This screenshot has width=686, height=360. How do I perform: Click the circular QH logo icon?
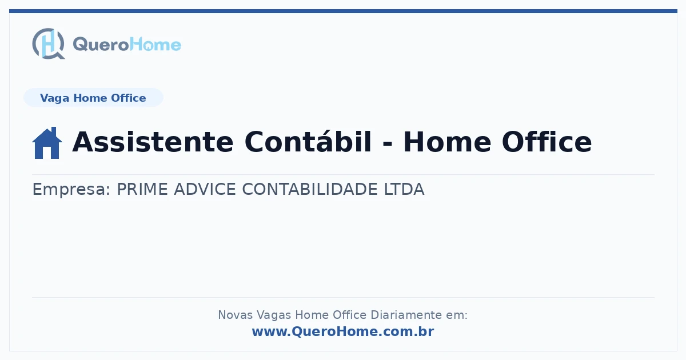point(49,43)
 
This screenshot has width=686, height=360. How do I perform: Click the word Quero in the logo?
point(101,45)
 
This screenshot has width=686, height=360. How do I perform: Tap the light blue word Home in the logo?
point(155,45)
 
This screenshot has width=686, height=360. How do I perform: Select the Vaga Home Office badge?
point(93,98)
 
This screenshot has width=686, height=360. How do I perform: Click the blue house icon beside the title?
point(47,143)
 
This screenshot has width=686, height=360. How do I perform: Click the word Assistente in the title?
point(153,142)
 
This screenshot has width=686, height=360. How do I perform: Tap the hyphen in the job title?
point(388,143)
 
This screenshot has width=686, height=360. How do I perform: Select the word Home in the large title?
point(448,142)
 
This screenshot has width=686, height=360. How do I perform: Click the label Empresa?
point(71,189)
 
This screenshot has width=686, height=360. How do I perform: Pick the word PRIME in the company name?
point(142,189)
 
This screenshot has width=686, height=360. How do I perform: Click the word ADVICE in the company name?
point(205,189)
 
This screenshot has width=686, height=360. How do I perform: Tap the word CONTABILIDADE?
point(310,189)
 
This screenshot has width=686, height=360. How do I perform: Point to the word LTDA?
point(404,189)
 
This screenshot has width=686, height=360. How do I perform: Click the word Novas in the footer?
point(235,315)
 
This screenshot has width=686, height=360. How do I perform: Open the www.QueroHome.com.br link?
point(343,331)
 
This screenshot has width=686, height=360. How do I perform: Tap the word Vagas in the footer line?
point(274,315)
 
